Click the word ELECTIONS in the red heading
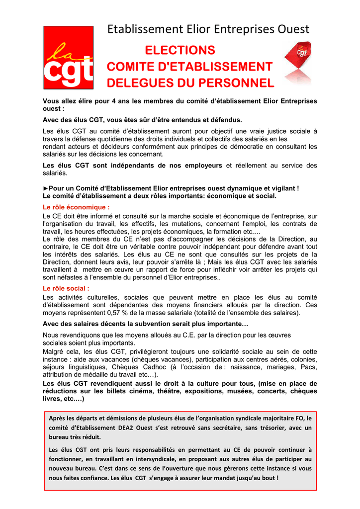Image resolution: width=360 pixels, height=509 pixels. [x=180, y=50]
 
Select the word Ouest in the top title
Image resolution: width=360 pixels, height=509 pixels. [x=292, y=29]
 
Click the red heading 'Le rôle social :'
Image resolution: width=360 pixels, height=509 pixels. [x=66, y=288]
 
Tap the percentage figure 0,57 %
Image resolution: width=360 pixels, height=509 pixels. [x=119, y=313]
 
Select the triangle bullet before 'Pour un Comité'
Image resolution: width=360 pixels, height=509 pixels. [x=46, y=188]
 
